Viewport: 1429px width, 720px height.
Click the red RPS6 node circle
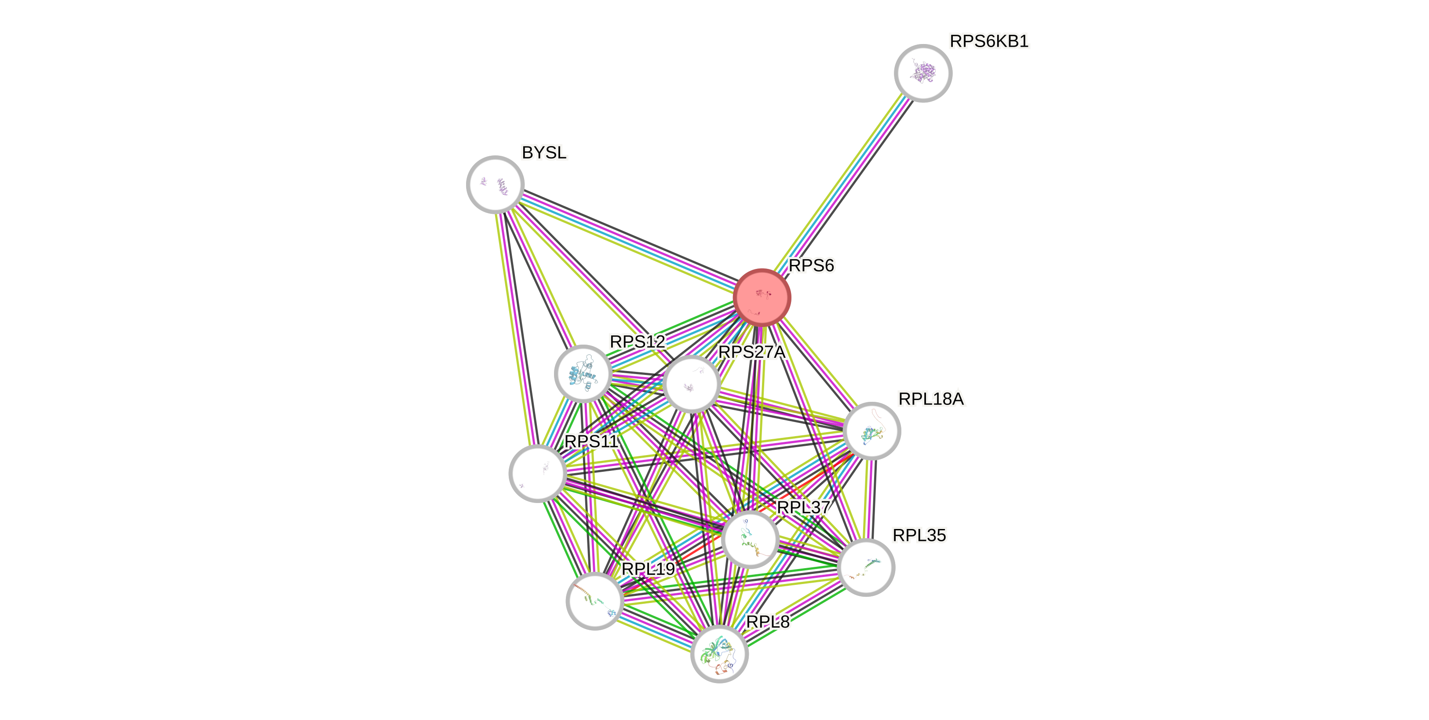point(762,297)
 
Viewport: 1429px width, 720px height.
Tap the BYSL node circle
point(496,184)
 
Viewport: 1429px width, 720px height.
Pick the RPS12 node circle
point(583,374)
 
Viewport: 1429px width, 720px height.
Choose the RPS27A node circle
point(691,384)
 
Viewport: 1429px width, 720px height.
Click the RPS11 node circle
point(538,473)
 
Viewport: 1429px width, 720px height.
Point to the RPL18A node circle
point(871,431)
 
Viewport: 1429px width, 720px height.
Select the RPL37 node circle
point(750,539)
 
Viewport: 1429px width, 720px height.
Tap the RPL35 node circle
point(865,567)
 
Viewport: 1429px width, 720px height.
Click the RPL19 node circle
point(594,601)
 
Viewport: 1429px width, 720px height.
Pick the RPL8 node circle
point(719,654)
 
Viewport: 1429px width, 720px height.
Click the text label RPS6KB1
point(989,41)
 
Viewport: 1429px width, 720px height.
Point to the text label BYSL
point(543,152)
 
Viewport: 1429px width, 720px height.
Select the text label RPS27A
point(752,352)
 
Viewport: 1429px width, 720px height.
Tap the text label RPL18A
point(931,399)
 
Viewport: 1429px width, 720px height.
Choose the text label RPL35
point(919,535)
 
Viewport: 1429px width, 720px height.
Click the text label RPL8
point(767,622)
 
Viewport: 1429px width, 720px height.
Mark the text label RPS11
point(591,441)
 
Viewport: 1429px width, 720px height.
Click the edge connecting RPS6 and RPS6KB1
point(842,185)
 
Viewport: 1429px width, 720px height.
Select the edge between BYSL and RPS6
point(628,240)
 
